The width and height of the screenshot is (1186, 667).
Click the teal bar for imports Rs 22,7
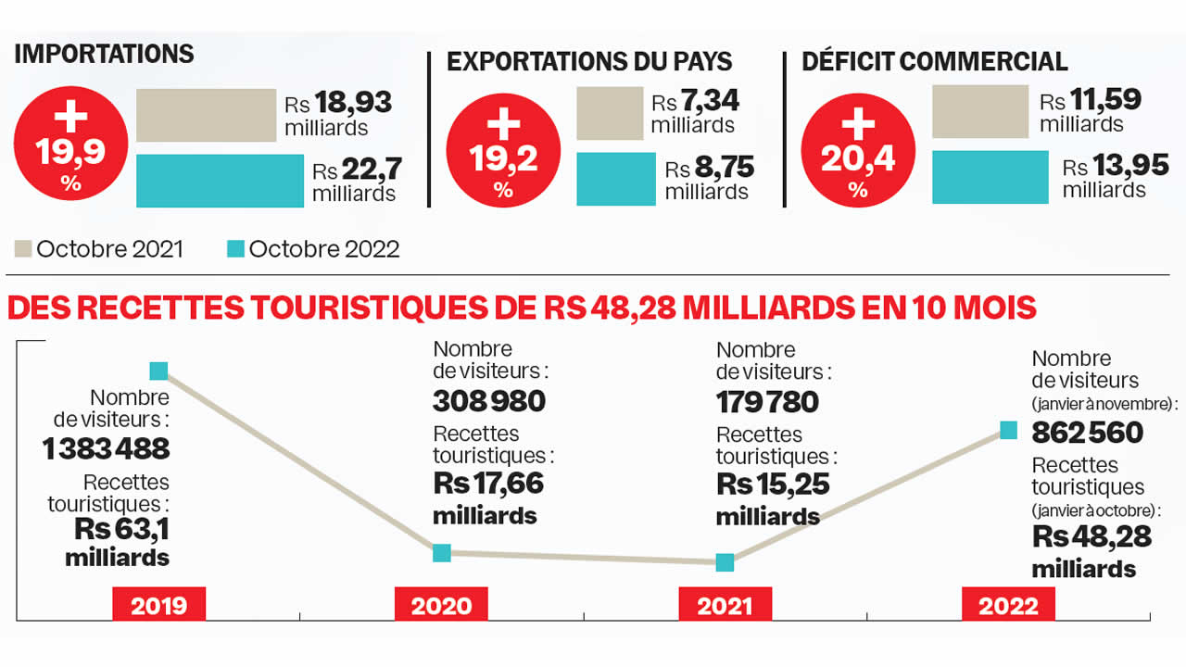[x=220, y=181]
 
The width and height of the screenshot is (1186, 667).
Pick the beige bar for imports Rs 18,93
[x=207, y=116]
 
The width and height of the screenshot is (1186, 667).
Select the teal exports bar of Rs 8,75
[x=616, y=179]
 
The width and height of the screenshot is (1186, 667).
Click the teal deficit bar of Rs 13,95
[x=990, y=177]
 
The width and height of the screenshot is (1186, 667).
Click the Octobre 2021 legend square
[x=24, y=249]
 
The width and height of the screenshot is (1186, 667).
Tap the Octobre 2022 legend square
[x=236, y=249]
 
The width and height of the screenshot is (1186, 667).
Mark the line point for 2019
[x=159, y=371]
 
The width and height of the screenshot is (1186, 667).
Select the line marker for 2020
[x=442, y=552]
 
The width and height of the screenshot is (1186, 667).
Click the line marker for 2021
[x=725, y=561]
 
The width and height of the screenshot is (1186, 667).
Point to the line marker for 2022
[x=1009, y=430]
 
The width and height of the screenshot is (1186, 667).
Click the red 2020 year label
[x=441, y=606]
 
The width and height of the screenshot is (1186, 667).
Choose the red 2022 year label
[x=1008, y=606]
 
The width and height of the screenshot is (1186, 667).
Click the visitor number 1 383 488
[x=107, y=449]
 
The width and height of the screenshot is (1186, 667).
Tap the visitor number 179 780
[x=767, y=402]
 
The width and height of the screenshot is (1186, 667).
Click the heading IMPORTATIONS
[x=104, y=54]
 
